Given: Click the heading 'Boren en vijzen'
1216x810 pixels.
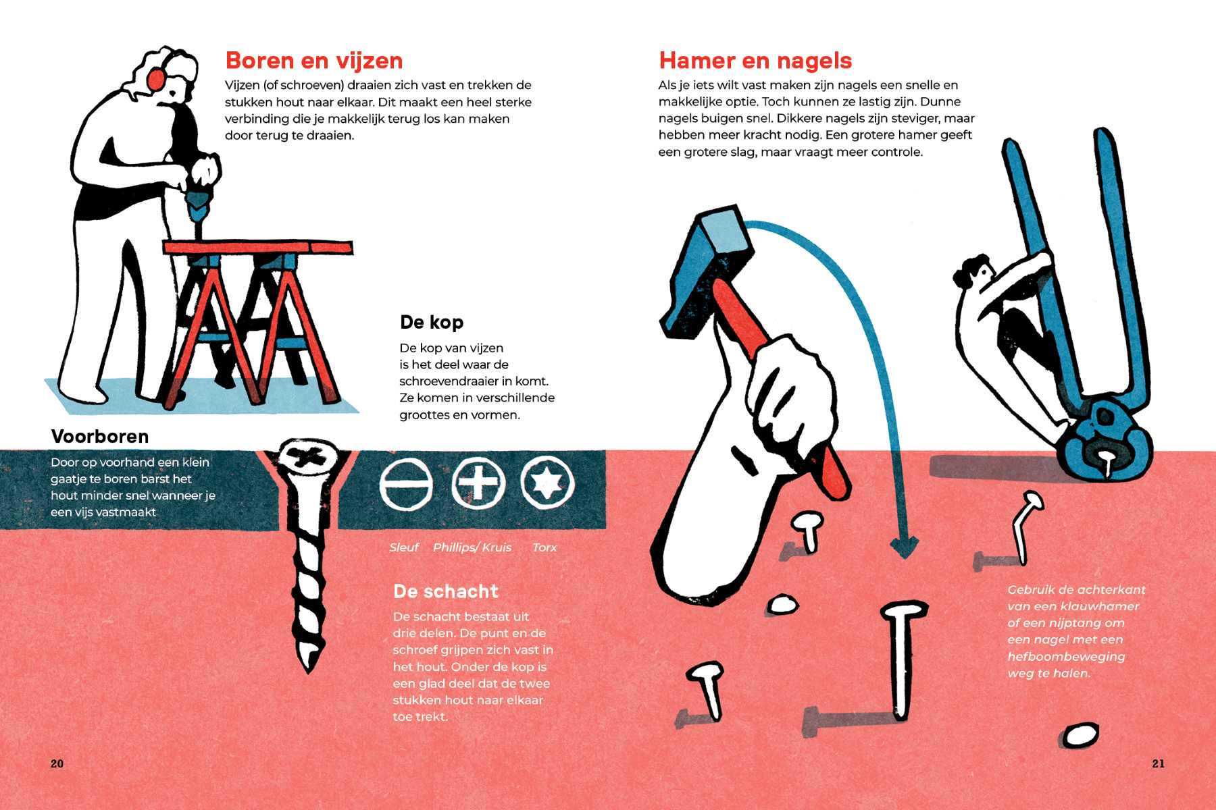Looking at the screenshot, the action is point(314,61).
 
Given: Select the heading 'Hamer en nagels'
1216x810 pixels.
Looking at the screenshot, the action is point(755,61).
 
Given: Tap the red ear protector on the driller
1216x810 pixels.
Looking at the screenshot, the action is point(156,78).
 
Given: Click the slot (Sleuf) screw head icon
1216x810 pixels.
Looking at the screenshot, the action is point(406,483).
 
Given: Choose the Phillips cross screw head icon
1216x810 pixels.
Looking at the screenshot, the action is point(478,483).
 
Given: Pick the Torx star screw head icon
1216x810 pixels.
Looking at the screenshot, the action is point(548,483).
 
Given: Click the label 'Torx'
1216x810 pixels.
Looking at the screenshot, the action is point(544,547).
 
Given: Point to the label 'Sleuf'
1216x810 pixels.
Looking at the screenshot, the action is point(404,547).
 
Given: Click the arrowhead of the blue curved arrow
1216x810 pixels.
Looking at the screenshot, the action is point(904,547).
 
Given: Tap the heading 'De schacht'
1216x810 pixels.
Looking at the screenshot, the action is point(446,591).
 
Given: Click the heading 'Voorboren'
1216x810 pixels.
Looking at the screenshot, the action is point(100,437).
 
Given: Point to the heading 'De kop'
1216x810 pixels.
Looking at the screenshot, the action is point(432,322).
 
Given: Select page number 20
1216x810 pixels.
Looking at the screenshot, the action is point(57,763).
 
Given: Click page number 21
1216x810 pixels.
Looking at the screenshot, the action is point(1159,763).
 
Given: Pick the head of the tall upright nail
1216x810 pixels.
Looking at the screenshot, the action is point(904,611).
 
